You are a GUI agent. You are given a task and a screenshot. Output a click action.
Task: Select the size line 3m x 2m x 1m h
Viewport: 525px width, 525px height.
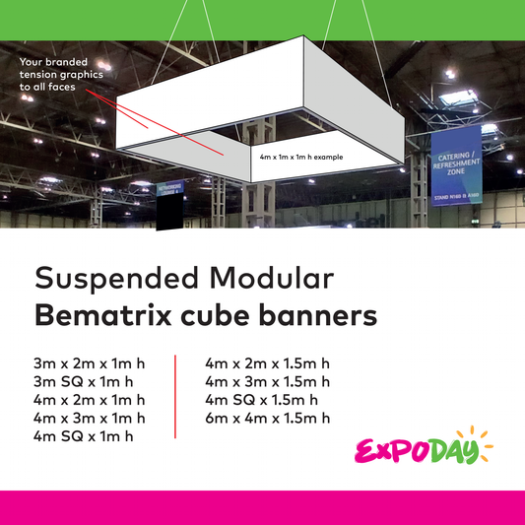pyautogui.click(x=89, y=363)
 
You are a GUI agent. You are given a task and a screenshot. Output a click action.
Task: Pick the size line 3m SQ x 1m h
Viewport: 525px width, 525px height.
pyautogui.click(x=83, y=381)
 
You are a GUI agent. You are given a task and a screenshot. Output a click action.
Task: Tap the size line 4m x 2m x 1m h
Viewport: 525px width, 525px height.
pyautogui.click(x=89, y=399)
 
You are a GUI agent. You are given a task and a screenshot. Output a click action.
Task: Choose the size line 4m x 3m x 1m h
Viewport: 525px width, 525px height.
pyautogui.click(x=89, y=418)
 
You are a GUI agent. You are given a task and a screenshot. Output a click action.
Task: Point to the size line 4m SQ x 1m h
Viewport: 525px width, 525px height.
pyautogui.click(x=83, y=435)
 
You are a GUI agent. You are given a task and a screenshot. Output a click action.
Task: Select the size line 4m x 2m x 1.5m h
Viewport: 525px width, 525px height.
pyautogui.click(x=267, y=363)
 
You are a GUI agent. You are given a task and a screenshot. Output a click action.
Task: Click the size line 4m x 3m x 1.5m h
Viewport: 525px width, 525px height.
pyautogui.click(x=267, y=381)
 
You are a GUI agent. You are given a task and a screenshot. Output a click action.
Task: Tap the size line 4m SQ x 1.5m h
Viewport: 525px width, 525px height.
pyautogui.click(x=261, y=399)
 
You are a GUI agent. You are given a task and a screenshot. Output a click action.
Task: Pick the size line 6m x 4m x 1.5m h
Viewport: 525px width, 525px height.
pyautogui.click(x=267, y=418)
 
